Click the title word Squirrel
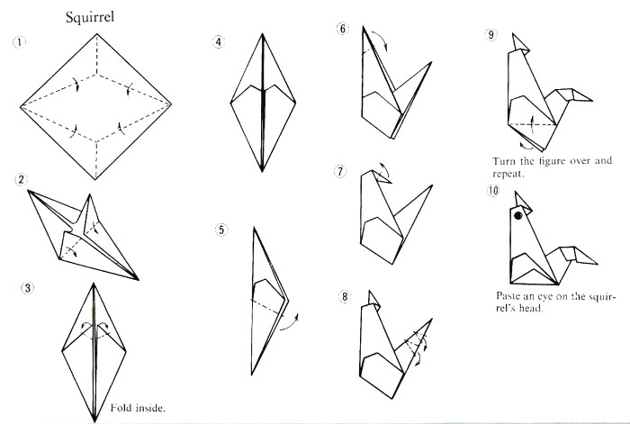pyautogui.click(x=90, y=18)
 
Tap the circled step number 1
pyautogui.click(x=19, y=41)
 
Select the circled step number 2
pyautogui.click(x=21, y=179)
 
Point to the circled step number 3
pyautogui.click(x=27, y=288)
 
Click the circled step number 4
pyautogui.click(x=218, y=41)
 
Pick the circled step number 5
pyautogui.click(x=221, y=230)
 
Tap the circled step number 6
pyautogui.click(x=343, y=29)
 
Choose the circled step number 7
pyautogui.click(x=340, y=171)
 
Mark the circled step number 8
pyautogui.click(x=345, y=296)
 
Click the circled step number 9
pyautogui.click(x=491, y=34)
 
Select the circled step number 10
pyautogui.click(x=493, y=190)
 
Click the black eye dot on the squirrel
pyautogui.click(x=518, y=216)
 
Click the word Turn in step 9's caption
pyautogui.click(x=503, y=161)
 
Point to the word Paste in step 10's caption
pyautogui.click(x=508, y=296)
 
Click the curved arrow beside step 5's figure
pyautogui.click(x=290, y=322)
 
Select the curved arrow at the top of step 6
pyautogui.click(x=381, y=40)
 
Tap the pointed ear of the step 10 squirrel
pyautogui.click(x=522, y=203)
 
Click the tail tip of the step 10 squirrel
pyautogui.click(x=597, y=264)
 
